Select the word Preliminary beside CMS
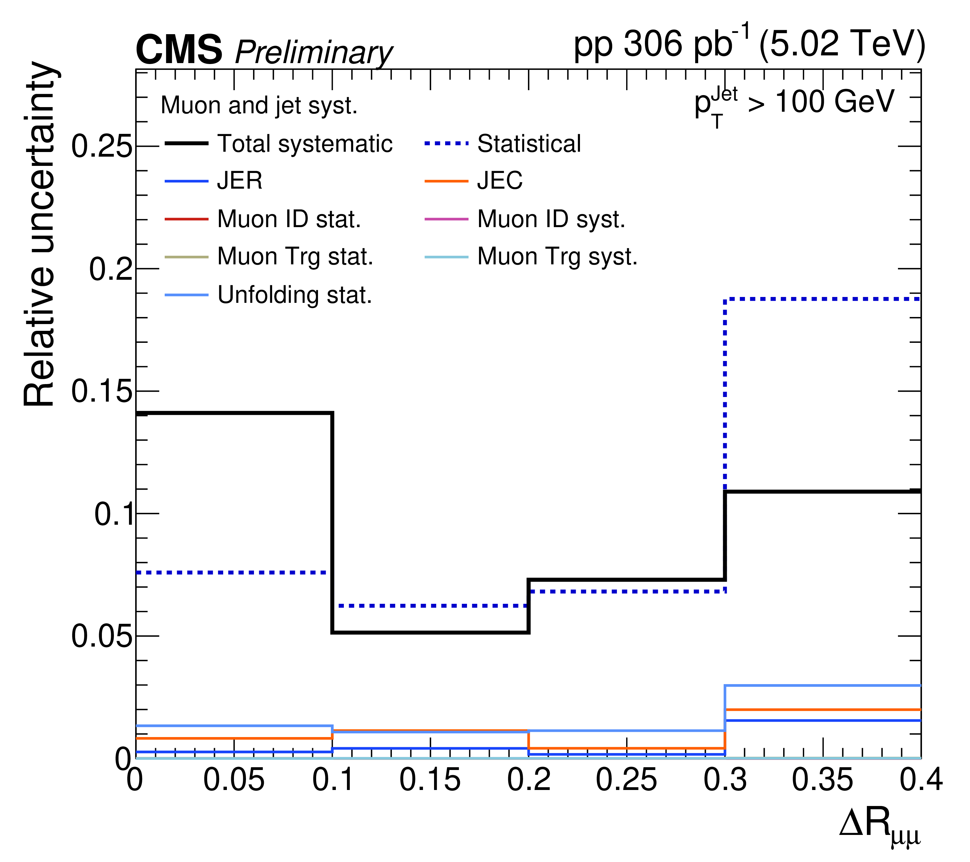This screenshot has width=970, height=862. click(x=314, y=53)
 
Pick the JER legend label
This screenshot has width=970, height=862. click(x=240, y=181)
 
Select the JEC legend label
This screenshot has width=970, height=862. click(x=500, y=181)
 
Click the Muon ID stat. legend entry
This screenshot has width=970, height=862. click(x=289, y=219)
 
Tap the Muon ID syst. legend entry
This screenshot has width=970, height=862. click(x=551, y=219)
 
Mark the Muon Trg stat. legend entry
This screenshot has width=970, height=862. click(x=295, y=257)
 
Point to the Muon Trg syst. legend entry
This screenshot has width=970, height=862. click(x=557, y=257)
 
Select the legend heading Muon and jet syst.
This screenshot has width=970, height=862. click(x=259, y=105)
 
